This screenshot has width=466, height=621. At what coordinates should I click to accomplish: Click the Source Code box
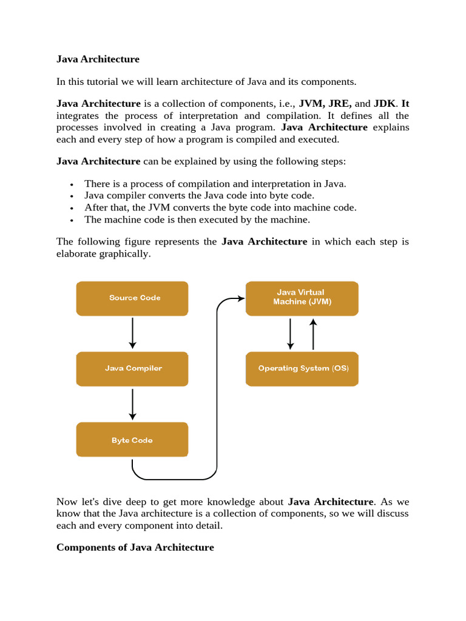click(132, 298)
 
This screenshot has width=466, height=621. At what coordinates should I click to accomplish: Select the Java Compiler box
click(132, 368)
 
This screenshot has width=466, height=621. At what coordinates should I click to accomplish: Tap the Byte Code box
click(132, 440)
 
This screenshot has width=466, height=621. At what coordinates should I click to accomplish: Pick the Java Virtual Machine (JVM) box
click(302, 298)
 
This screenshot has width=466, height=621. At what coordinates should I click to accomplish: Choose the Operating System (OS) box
click(302, 368)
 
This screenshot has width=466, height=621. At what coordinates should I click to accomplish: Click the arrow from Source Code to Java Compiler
click(132, 333)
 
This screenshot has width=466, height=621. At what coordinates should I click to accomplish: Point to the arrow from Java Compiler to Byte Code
click(132, 404)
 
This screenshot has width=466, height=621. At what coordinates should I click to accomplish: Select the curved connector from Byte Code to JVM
click(217, 388)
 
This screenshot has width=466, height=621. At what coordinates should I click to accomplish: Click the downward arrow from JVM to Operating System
click(291, 334)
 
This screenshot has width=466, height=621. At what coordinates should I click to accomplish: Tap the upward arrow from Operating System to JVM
click(313, 334)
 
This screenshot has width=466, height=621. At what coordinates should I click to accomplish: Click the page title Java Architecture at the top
click(98, 59)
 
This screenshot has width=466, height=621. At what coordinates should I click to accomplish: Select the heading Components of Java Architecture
click(135, 547)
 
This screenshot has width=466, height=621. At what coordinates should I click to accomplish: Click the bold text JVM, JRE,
click(327, 104)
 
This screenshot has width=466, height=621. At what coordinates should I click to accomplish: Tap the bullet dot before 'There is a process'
click(72, 184)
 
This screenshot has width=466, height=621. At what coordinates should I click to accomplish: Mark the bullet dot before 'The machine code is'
click(72, 221)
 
